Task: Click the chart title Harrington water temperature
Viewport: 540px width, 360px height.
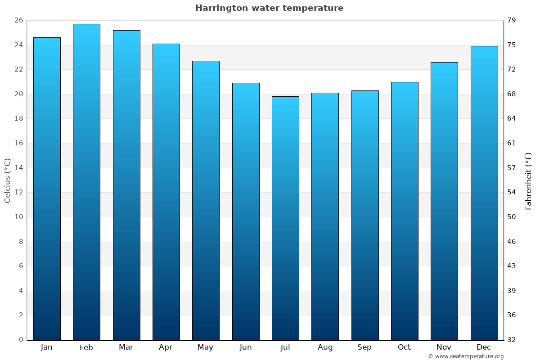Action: [269, 8]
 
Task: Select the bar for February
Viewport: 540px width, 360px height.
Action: [86, 182]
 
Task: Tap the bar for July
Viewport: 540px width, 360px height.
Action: [285, 218]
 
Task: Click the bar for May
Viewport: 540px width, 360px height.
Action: [206, 200]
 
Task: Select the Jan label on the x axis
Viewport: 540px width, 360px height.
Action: [46, 347]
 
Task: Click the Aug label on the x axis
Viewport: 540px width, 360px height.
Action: [325, 347]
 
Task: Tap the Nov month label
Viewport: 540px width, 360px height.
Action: [444, 347]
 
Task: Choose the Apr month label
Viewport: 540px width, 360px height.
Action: [166, 347]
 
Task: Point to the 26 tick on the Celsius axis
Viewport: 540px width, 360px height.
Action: [18, 20]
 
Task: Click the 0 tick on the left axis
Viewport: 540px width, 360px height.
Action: [21, 340]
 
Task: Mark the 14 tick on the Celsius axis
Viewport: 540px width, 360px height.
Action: [18, 168]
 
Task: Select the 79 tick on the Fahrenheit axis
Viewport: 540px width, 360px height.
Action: [512, 20]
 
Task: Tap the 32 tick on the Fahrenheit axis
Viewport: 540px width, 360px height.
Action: [512, 340]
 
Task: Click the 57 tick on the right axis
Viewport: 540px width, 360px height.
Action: [512, 168]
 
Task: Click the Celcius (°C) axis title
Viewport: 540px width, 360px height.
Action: [7, 180]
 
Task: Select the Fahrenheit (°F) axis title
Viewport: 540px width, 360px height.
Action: [528, 181]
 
